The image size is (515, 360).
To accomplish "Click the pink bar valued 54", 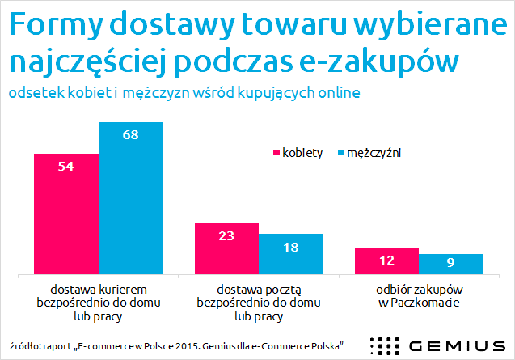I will (x=66, y=214).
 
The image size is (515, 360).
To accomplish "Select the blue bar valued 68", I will (x=130, y=198).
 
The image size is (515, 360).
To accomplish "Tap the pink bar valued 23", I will (x=226, y=249).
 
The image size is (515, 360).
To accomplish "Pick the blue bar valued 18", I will (x=290, y=254).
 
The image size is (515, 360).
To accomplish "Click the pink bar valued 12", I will (x=386, y=261).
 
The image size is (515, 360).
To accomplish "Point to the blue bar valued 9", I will (x=450, y=265).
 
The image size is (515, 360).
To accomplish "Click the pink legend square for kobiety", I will (x=276, y=153).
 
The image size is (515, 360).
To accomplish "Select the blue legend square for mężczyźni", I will (x=340, y=153).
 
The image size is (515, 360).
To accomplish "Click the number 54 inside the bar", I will (x=66, y=165).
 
